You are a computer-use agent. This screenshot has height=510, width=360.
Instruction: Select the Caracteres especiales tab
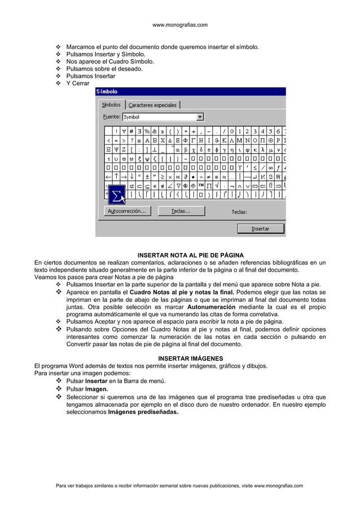click(x=152, y=105)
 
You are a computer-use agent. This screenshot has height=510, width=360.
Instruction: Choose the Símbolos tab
click(x=111, y=104)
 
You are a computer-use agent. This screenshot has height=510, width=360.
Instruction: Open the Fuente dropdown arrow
click(x=200, y=117)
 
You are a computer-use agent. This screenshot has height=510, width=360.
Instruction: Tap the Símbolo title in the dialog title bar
click(x=107, y=91)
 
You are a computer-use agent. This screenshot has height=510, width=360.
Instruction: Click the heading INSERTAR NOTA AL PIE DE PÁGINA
click(x=191, y=255)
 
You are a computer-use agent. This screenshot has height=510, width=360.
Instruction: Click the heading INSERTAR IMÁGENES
click(x=190, y=358)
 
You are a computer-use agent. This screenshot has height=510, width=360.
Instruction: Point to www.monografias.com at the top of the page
click(x=180, y=25)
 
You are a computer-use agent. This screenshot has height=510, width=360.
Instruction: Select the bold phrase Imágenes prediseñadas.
click(x=143, y=412)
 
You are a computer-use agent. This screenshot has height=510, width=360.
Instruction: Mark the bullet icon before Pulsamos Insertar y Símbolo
click(x=58, y=54)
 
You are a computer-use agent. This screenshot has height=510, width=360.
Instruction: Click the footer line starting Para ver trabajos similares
click(x=179, y=485)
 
